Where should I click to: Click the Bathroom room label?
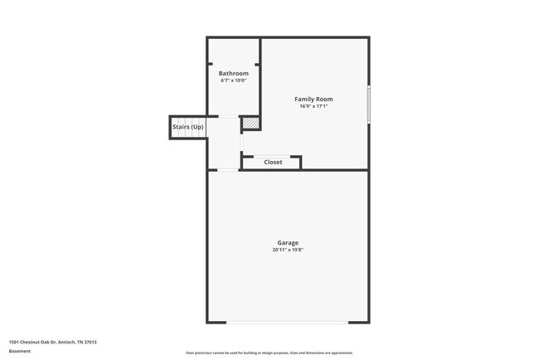point(233,73)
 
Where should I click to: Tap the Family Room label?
point(314,99)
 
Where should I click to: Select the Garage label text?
point(288,243)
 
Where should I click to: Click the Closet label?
point(273,163)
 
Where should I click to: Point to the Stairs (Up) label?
point(187,126)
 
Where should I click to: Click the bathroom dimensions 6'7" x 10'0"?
point(233,80)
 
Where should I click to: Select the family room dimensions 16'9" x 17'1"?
point(314,106)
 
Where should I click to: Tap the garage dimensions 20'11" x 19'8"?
point(288,250)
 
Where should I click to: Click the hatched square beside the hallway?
point(250,124)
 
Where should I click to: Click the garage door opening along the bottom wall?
point(288,323)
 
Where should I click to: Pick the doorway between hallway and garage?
point(226,170)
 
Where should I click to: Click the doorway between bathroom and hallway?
point(224,115)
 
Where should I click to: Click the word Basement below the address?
point(19,351)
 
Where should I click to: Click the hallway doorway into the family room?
point(241,142)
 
